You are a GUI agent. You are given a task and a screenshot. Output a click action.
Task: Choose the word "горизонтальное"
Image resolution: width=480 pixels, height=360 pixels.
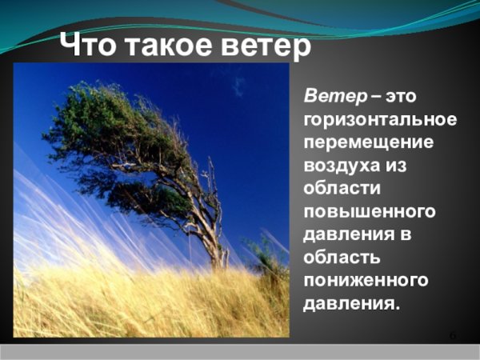(380, 120)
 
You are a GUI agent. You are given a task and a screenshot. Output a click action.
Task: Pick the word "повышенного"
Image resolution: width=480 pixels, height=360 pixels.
(369, 213)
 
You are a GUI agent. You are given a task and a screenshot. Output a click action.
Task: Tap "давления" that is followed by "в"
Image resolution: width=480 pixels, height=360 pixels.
(343, 235)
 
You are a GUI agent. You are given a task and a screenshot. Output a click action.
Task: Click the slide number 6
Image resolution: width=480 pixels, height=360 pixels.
(453, 334)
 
